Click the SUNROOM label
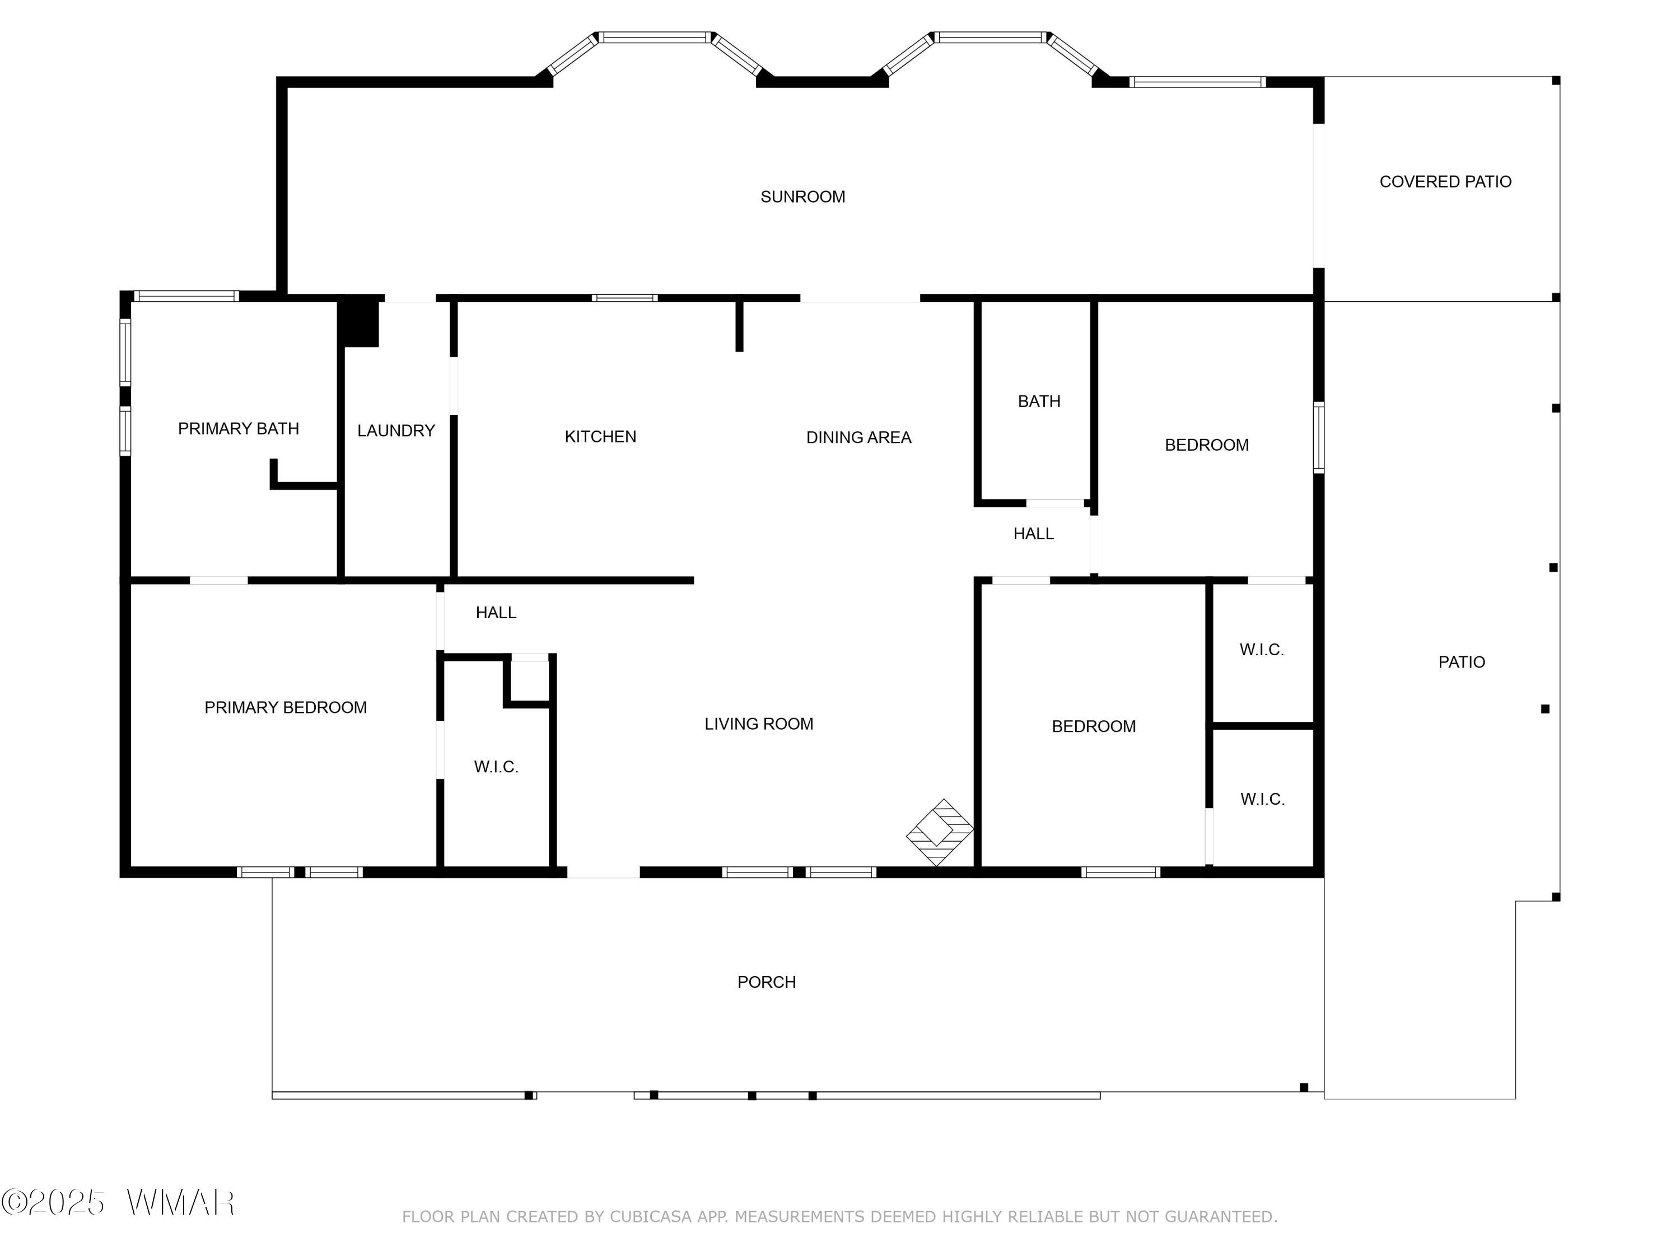pos(803,197)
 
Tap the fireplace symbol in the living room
pos(940,832)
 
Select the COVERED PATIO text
pos(1445,181)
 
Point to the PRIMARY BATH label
pos(239,428)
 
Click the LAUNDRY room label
pos(396,431)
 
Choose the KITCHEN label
pos(600,437)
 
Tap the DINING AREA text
pos(858,437)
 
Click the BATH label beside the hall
pos(1039,401)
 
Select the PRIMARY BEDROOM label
pos(286,707)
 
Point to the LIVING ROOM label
pos(759,724)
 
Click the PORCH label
pos(766,982)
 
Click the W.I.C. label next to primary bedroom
pos(496,767)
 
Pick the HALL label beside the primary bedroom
pos(496,612)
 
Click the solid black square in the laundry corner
pos(358,321)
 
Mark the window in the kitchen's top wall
pos(624,298)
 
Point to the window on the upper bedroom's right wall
pos(1318,437)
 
